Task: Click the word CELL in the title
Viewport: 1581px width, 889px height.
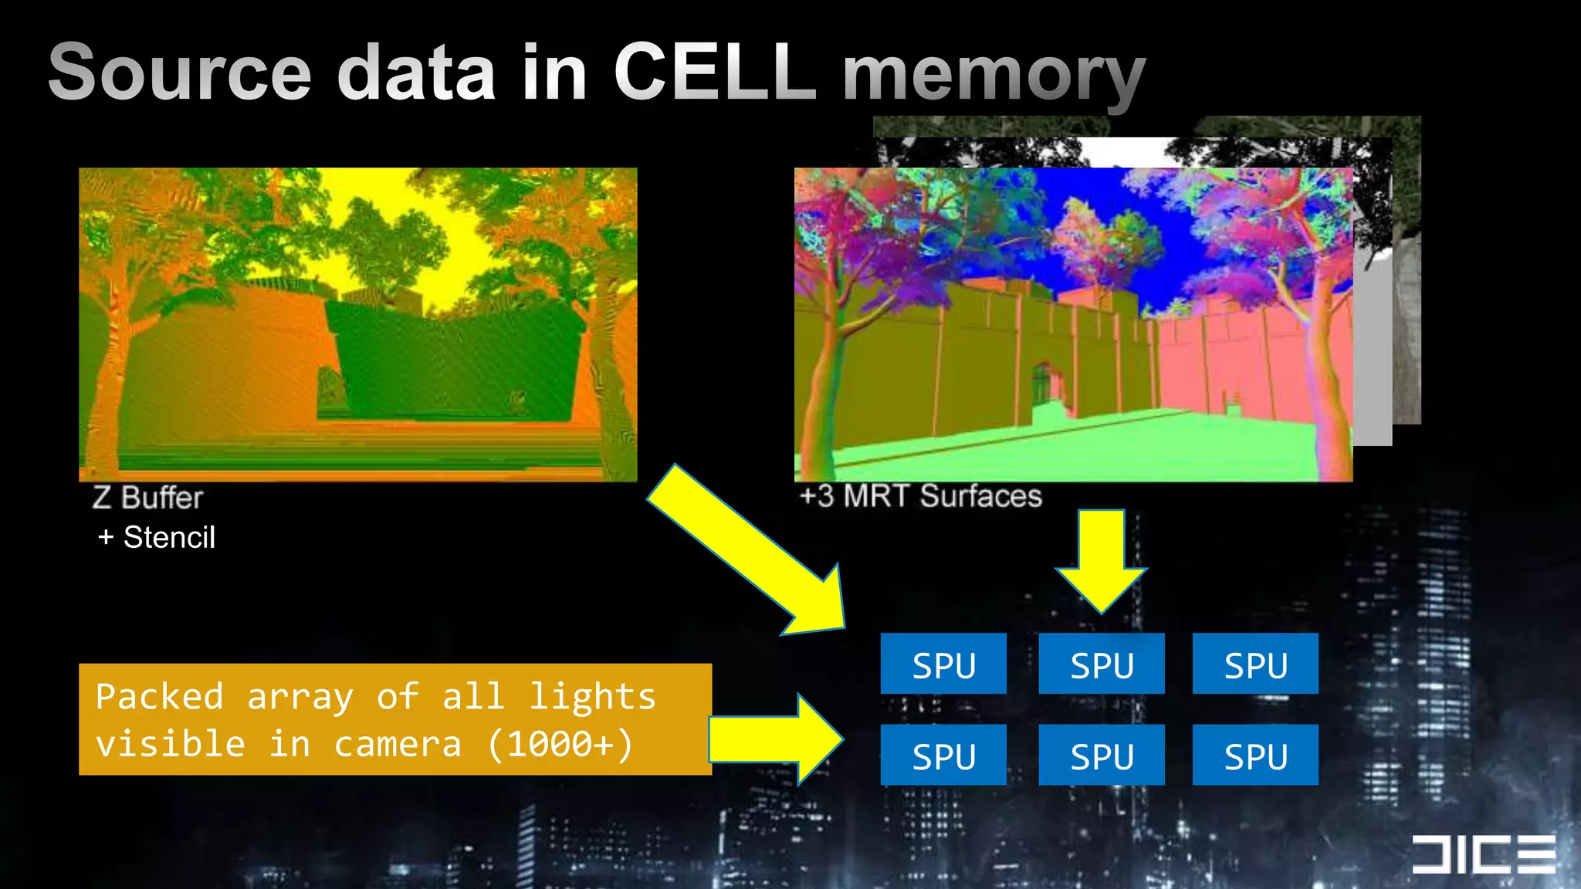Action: tap(715, 72)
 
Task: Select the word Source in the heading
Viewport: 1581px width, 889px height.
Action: tap(180, 72)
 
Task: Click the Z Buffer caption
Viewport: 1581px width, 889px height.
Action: tap(147, 498)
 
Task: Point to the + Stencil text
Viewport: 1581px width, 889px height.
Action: tap(157, 537)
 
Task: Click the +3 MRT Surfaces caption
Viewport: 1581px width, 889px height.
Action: tap(920, 495)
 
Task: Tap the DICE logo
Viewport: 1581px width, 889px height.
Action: tap(1483, 854)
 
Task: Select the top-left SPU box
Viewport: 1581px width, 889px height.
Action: tap(943, 664)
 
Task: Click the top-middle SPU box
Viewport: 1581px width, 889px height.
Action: tap(1102, 664)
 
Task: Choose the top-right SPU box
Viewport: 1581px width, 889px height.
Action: tap(1255, 664)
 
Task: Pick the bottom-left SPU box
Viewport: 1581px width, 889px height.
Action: tap(943, 755)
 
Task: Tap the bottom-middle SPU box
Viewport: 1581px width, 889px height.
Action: tap(1102, 755)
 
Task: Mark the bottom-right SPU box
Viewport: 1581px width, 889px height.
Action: tap(1255, 755)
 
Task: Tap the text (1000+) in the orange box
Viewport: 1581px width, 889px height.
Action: tap(560, 744)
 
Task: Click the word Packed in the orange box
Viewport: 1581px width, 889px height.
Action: tap(160, 697)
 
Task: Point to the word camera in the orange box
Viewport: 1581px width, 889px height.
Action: tap(398, 744)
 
